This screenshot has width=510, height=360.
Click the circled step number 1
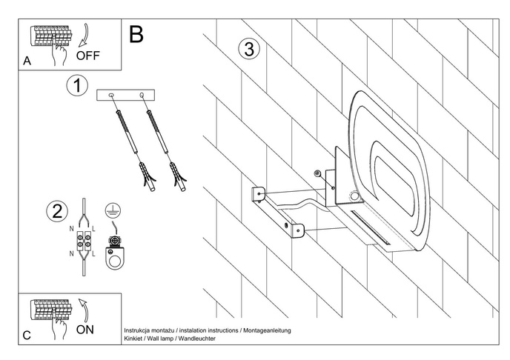point(76,86)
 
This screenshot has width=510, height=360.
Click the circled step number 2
point(54,211)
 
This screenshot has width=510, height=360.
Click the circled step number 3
point(248,50)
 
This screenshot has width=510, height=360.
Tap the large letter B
point(136,33)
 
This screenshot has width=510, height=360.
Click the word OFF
point(87,55)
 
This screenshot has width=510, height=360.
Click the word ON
point(85,330)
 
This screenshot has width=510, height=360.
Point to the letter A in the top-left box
point(27,62)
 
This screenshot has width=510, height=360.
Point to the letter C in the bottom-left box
point(27,335)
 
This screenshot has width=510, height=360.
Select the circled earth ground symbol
point(113,210)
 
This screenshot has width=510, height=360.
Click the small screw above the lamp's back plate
point(317,173)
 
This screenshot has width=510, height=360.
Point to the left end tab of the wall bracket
point(258,193)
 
